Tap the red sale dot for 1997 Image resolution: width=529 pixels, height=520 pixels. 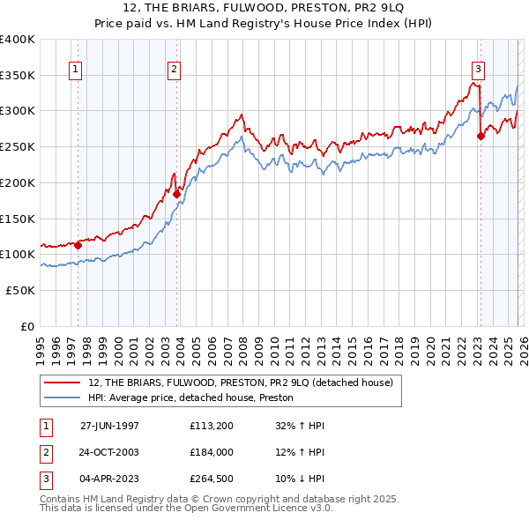tap(78, 245)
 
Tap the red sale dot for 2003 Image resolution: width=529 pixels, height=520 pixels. tap(176, 195)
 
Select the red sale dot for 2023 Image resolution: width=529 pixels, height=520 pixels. tap(481, 137)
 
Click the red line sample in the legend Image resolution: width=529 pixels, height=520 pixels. tap(63, 383)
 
